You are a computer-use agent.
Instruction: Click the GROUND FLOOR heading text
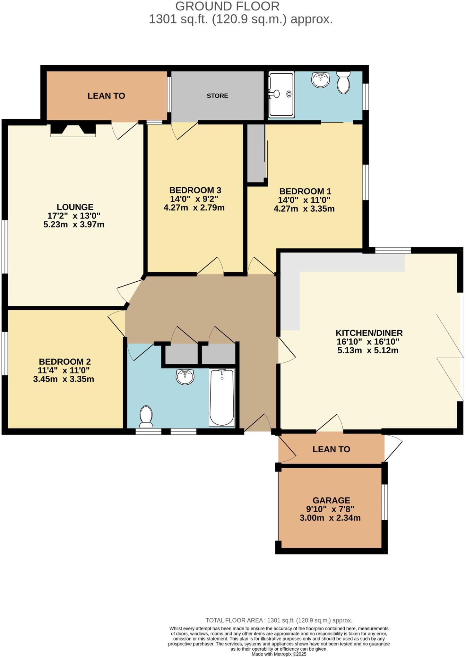coord(227,6)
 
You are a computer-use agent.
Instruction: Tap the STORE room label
coord(217,96)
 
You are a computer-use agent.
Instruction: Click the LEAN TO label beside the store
coord(106,96)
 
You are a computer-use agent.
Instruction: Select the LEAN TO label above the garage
coord(331,449)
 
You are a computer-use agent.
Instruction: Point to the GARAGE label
coord(331,500)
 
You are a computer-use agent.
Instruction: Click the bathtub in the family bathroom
coord(222,397)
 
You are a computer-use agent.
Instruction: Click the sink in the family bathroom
coord(185,377)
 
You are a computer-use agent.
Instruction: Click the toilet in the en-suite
coord(343,83)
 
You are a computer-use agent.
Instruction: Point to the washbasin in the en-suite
coord(320,80)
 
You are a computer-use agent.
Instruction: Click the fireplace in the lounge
coord(73,130)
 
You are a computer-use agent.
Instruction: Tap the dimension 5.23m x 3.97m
coord(74,225)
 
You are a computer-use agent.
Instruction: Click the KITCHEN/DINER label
coord(369,333)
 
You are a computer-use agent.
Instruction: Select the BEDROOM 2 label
coord(65,362)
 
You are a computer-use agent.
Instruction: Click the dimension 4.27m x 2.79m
coord(194,208)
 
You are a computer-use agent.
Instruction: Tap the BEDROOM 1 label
coord(305,191)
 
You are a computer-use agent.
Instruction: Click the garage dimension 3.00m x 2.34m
coord(330,518)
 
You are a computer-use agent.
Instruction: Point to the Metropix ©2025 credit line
coord(279,654)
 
